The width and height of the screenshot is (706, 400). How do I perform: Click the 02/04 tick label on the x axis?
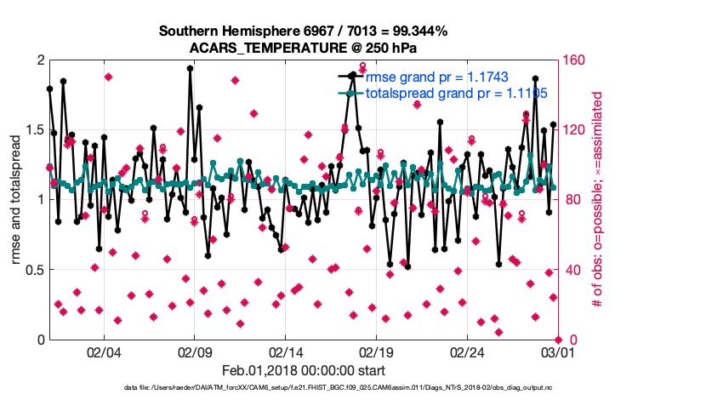(x=104, y=351)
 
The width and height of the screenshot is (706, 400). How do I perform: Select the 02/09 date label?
(x=195, y=351)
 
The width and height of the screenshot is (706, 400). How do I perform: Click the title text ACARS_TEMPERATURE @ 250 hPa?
(x=304, y=48)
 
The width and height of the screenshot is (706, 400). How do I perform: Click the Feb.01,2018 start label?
(x=304, y=370)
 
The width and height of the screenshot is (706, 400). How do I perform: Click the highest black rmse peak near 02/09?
(x=190, y=68)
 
